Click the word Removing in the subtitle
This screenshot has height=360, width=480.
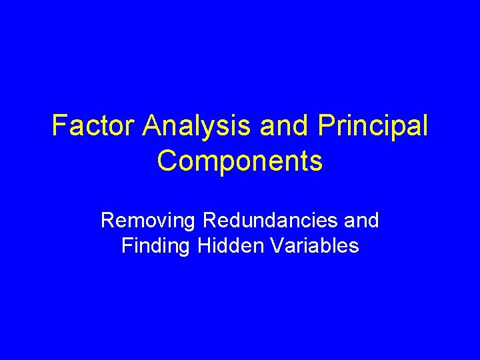tap(149, 219)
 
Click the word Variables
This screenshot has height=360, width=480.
tap(310, 246)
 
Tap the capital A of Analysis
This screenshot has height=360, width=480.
tap(150, 125)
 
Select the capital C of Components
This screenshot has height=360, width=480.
tap(167, 161)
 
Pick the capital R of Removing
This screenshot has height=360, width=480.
tap(107, 219)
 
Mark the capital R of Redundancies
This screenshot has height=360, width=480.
tap(209, 219)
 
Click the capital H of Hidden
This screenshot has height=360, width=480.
tap(204, 246)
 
